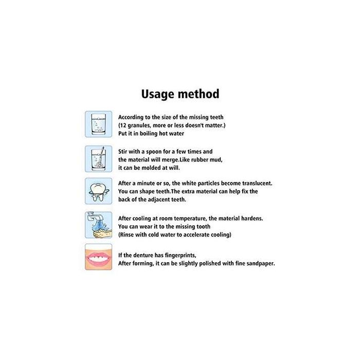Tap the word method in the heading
[x=198, y=94]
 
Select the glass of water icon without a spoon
[x=98, y=124]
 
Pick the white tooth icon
[x=98, y=191]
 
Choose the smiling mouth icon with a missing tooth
[x=98, y=257]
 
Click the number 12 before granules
[x=124, y=125]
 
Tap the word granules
[x=142, y=125]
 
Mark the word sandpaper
[x=258, y=263]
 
